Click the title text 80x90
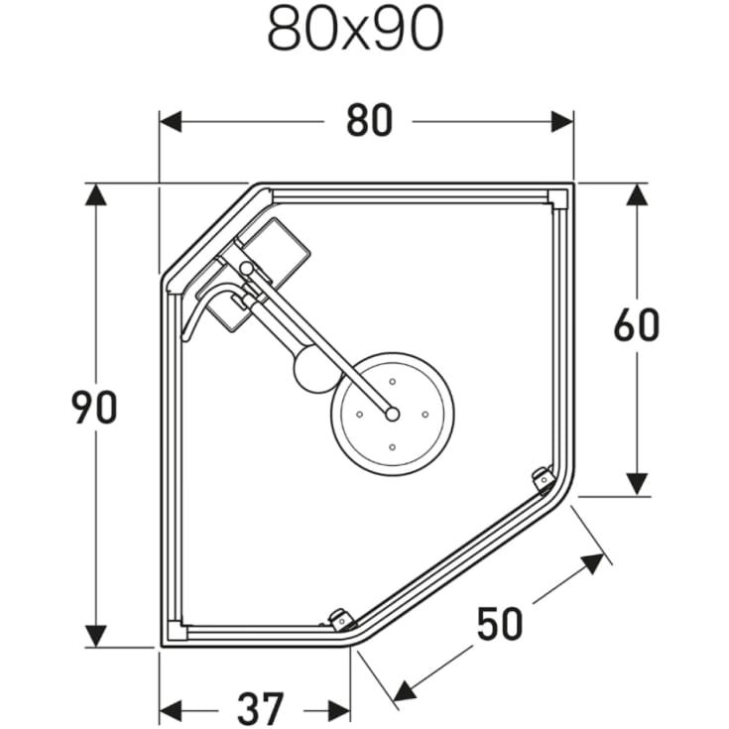point(354,30)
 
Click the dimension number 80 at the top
point(369,121)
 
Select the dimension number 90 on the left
point(95,408)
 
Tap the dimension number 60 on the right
point(636,325)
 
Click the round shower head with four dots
point(393,410)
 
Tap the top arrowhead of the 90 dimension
point(95,194)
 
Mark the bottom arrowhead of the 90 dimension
point(95,635)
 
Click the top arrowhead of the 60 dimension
point(636,194)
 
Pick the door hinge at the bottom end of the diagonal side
point(340,620)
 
